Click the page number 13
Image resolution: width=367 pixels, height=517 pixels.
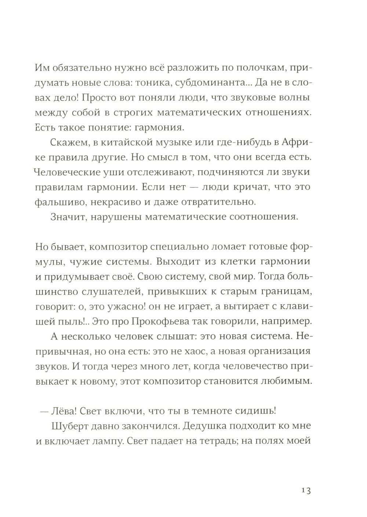pos(305,491)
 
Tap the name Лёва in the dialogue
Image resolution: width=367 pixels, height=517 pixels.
pos(62,411)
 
